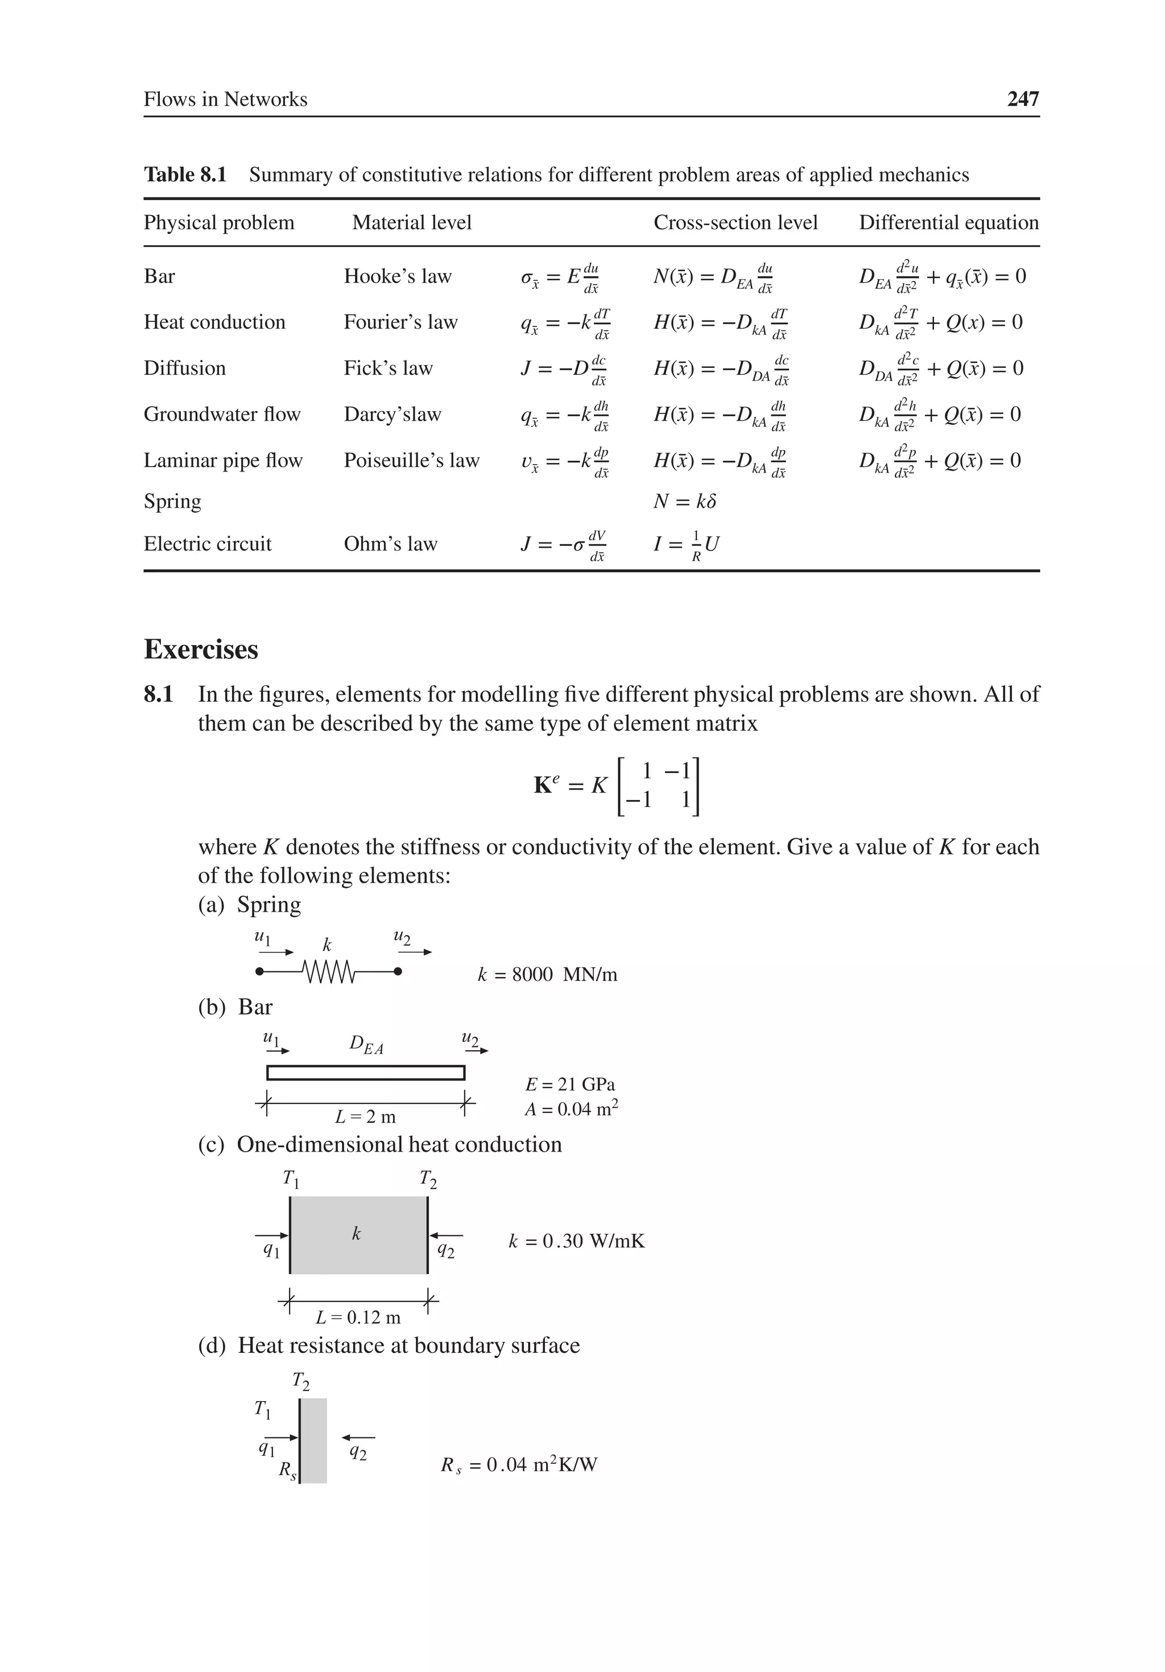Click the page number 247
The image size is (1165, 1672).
coord(1022,98)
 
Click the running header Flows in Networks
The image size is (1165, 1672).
coord(225,99)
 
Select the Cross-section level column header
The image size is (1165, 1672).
coord(734,222)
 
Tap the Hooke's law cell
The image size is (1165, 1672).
coord(397,276)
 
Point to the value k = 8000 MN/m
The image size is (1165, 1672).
coord(547,974)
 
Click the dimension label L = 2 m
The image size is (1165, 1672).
coord(365,1116)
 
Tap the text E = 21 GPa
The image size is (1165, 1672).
coord(570,1085)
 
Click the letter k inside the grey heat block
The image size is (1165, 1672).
coord(356,1233)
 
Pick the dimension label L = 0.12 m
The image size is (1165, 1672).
coord(358,1317)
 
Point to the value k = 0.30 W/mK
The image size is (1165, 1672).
coord(576,1241)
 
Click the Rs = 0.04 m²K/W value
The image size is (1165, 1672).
coord(519,1464)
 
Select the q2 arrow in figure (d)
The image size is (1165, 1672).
coord(358,1438)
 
